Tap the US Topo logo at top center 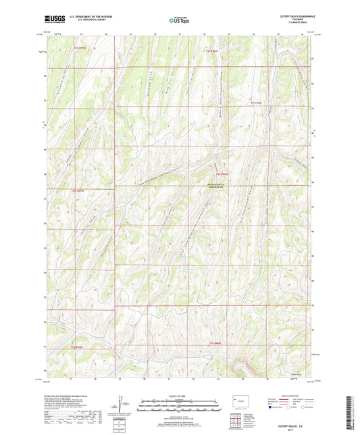[x=178, y=21]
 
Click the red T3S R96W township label [x=213, y=51]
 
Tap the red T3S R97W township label [x=80, y=47]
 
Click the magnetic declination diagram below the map [x=124, y=408]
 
